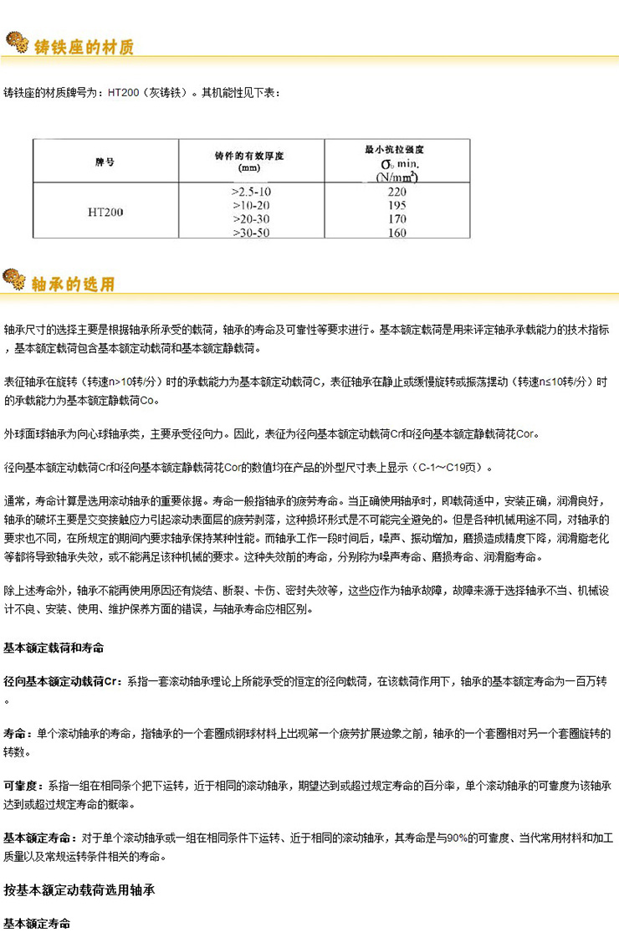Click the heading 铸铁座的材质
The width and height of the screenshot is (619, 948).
(x=83, y=46)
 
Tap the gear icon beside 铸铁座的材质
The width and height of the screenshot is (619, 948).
(x=16, y=43)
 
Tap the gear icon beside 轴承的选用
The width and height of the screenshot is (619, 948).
(x=16, y=279)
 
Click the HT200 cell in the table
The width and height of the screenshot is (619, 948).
(x=105, y=212)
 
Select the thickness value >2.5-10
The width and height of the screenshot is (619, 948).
(x=250, y=192)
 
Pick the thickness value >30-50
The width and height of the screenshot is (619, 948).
(x=250, y=232)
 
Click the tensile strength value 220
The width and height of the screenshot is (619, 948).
(x=397, y=192)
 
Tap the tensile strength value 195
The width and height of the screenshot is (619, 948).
(x=397, y=206)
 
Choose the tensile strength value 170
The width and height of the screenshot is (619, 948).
(x=397, y=219)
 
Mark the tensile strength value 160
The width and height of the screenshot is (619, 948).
(x=397, y=232)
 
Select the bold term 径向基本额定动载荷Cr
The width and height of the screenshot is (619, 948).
(x=63, y=682)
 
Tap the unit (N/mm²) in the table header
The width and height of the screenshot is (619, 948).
(x=397, y=177)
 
